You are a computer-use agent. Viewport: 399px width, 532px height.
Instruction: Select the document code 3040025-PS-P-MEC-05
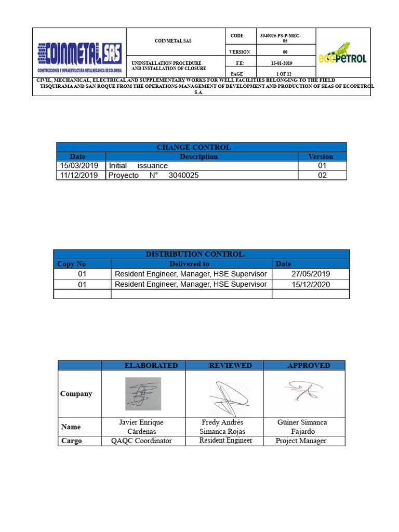(281, 37)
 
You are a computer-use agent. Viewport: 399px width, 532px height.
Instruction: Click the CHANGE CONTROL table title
(201, 147)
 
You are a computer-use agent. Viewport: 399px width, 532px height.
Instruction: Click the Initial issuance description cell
(138, 166)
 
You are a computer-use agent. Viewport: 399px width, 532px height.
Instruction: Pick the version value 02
(322, 176)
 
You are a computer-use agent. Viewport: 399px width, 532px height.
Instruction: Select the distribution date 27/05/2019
(311, 274)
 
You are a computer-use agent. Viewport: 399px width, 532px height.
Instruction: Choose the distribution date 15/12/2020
(311, 284)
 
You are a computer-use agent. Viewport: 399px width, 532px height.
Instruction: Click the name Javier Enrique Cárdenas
(141, 427)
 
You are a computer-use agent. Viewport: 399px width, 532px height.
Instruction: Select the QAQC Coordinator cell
(141, 441)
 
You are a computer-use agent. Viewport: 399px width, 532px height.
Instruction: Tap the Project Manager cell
(301, 441)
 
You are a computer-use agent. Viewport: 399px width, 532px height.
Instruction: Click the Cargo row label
(72, 441)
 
